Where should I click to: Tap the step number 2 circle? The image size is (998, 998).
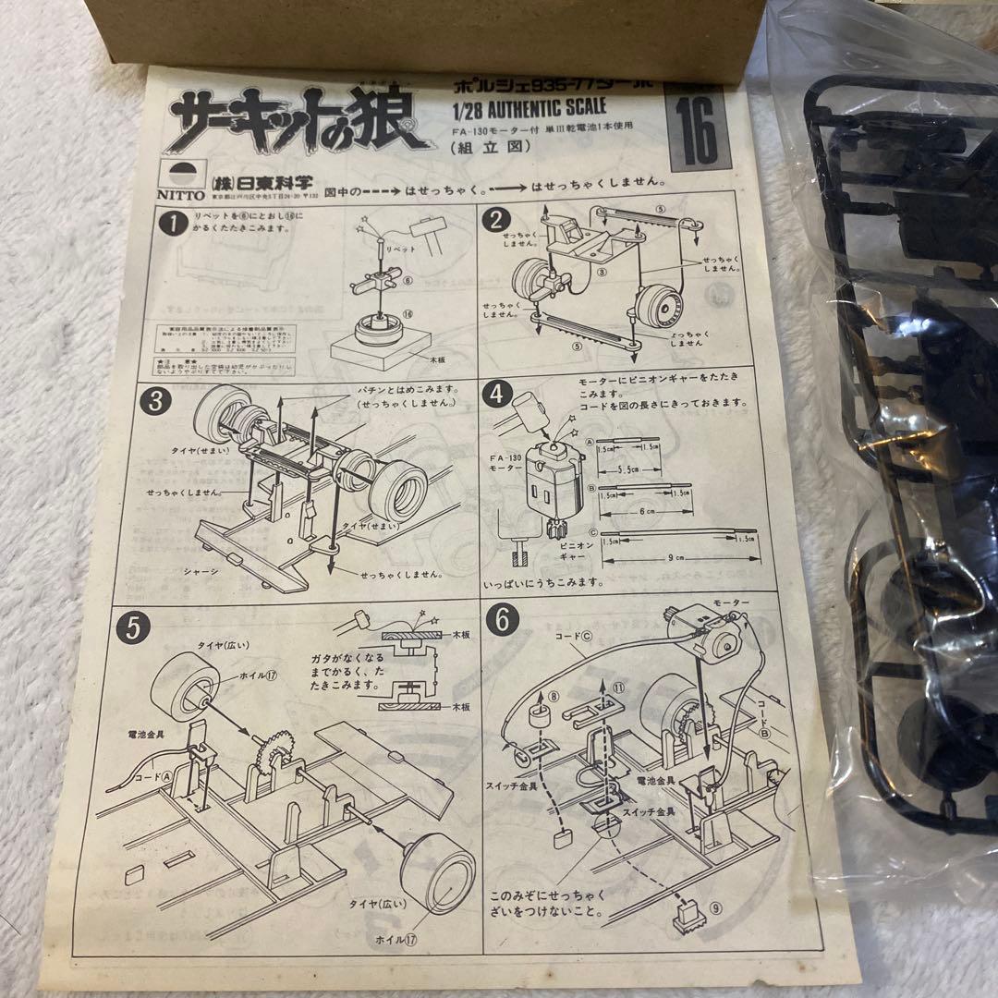496,221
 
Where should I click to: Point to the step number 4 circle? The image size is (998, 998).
498,395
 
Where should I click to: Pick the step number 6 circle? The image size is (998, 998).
502,620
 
